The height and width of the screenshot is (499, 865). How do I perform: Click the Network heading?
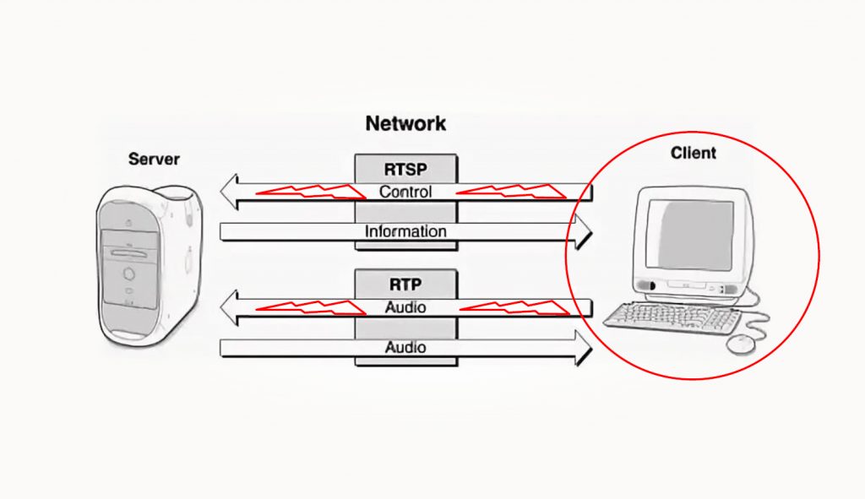tap(405, 123)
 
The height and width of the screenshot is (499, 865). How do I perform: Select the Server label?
tap(154, 159)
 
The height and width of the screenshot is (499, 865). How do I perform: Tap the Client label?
tap(693, 153)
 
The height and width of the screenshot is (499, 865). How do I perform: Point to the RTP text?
tap(405, 283)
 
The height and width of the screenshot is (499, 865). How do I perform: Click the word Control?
tap(405, 192)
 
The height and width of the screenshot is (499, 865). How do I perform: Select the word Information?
tap(405, 231)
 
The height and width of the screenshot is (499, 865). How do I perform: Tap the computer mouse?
tap(741, 343)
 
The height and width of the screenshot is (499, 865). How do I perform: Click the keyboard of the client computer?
tap(672, 317)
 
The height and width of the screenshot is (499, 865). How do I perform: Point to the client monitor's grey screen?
tap(694, 234)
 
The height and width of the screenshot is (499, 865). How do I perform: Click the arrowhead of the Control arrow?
tap(230, 193)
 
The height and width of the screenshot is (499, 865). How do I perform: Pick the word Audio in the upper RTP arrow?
tap(405, 307)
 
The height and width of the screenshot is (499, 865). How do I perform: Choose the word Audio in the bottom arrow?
tap(405, 347)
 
